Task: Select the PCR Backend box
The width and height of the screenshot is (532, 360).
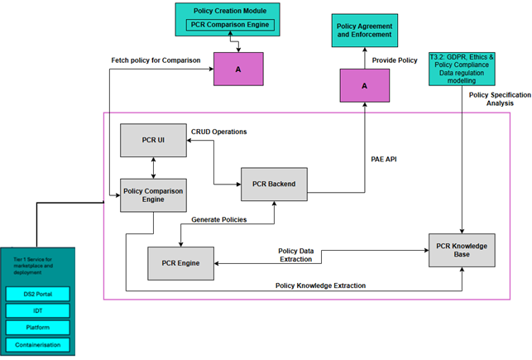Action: tap(274, 184)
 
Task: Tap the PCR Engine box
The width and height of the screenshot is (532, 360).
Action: tap(180, 262)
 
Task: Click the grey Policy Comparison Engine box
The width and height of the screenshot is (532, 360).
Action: tap(153, 194)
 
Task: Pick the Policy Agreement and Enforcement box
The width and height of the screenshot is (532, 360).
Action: tap(364, 31)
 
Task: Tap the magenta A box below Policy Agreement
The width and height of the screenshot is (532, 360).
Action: tap(364, 86)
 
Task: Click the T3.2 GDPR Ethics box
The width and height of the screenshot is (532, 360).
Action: tap(461, 67)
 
